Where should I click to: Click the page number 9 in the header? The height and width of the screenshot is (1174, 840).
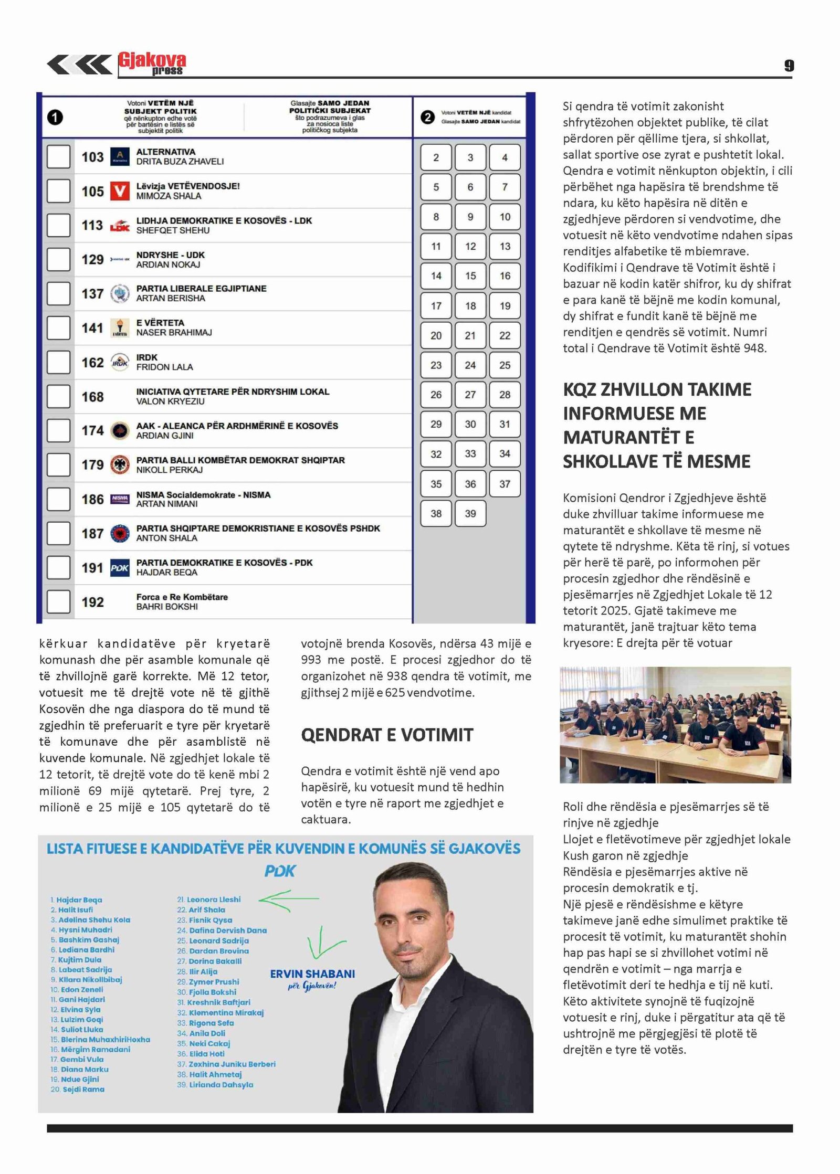tap(789, 66)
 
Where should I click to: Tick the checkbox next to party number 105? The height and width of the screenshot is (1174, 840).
tap(58, 191)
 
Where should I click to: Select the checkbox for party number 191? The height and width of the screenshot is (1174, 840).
tap(58, 567)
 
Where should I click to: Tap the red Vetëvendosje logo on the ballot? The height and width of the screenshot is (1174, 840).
tap(120, 191)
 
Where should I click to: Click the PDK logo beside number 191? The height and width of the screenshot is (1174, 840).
tap(120, 568)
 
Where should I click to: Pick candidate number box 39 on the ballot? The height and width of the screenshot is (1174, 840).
tap(470, 513)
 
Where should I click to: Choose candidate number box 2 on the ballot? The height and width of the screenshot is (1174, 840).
tap(436, 157)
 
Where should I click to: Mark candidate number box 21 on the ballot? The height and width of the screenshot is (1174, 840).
tap(470, 335)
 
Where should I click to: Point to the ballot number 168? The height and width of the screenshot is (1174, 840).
tap(92, 397)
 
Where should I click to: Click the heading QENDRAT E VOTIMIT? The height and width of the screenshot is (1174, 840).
tap(387, 735)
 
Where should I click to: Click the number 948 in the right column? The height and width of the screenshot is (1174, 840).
tap(754, 348)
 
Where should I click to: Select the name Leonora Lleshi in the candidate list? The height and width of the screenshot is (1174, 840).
tap(214, 900)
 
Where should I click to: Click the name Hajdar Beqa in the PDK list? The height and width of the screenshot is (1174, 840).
tap(79, 900)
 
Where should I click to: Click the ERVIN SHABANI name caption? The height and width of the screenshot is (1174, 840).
tap(312, 974)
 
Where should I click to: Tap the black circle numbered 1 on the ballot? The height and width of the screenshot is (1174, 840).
tap(55, 117)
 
